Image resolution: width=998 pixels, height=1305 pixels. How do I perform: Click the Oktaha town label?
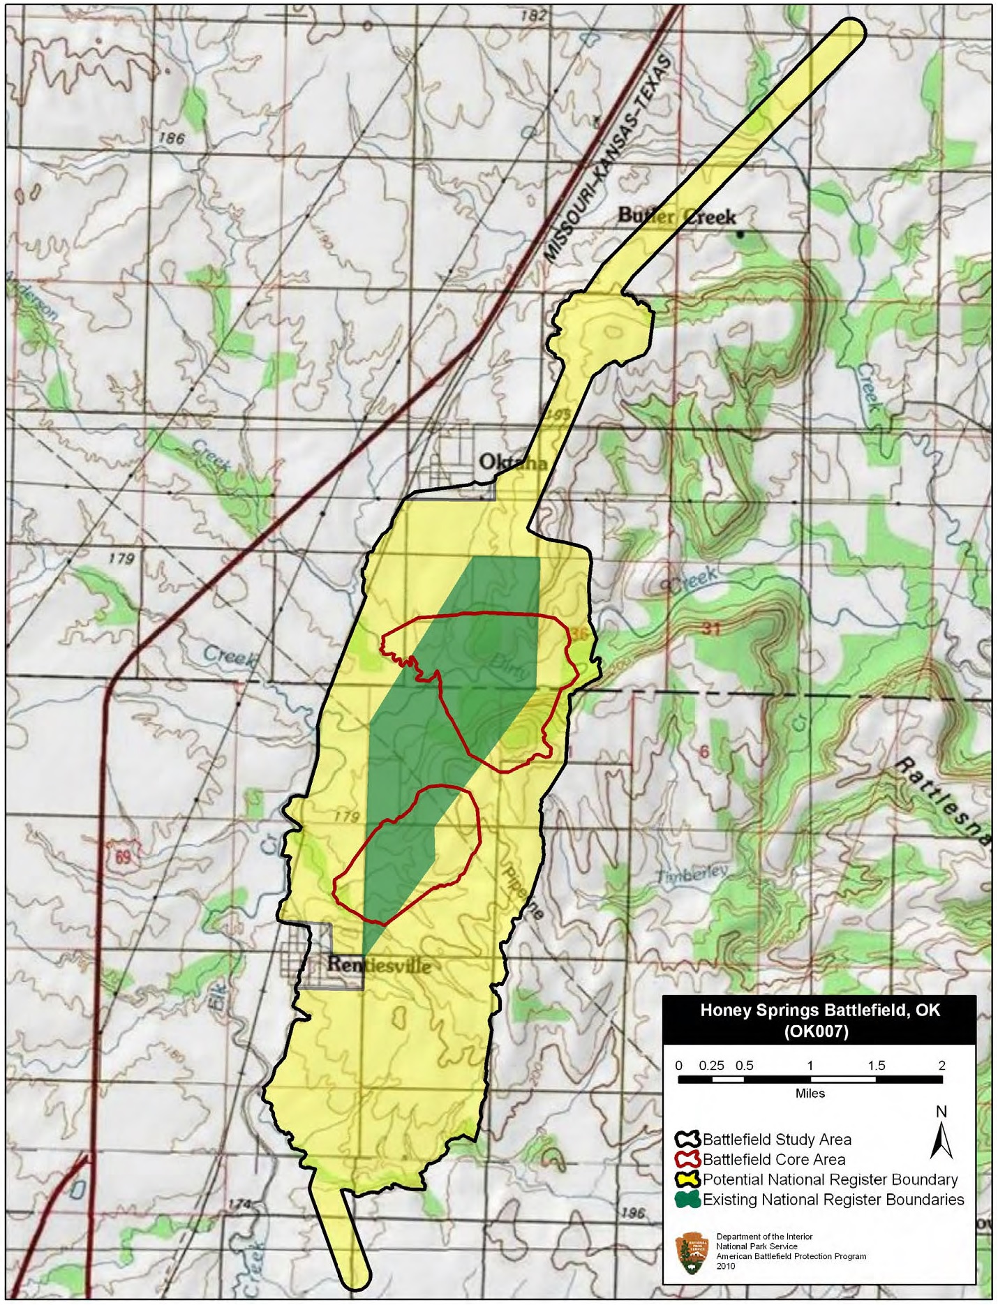(513, 462)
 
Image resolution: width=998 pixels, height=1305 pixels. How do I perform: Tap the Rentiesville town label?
(379, 966)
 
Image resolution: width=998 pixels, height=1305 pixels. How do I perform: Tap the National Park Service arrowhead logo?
(692, 1254)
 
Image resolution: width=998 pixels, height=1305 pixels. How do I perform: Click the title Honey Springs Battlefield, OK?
(819, 1011)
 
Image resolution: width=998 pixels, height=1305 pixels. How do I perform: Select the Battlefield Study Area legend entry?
(776, 1140)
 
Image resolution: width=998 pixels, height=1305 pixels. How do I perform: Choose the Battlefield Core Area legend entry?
(773, 1160)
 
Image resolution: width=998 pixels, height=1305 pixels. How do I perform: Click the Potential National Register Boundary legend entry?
(829, 1180)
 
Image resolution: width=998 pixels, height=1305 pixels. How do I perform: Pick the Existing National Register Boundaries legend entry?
(833, 1200)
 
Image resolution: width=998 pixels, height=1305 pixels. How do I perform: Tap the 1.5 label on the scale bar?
(876, 1066)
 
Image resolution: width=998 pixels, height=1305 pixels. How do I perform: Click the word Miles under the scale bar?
(810, 1094)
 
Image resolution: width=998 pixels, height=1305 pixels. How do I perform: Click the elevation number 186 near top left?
(172, 138)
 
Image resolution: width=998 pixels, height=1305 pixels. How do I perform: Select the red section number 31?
(710, 629)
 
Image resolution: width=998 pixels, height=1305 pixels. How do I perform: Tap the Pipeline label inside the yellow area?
(523, 891)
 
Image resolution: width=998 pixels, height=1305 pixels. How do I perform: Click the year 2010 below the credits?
(726, 1266)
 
